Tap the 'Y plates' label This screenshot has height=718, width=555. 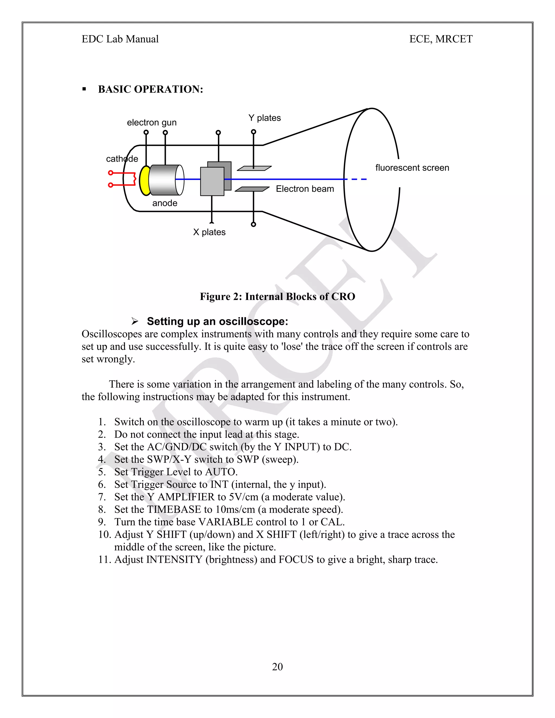tap(265, 118)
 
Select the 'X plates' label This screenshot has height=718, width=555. tap(209, 232)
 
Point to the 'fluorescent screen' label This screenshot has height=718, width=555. tap(412, 168)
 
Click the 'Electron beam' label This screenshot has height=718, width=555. tap(305, 189)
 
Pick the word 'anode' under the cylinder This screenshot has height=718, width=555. tap(165, 203)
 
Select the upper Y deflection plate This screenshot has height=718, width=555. tap(254, 168)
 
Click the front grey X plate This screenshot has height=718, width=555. tap(212, 182)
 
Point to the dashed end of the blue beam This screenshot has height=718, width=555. tap(358, 179)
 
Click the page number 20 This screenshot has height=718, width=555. tap(277, 667)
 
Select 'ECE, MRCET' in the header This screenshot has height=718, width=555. tap(441, 39)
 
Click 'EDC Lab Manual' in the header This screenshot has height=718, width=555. tap(120, 39)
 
